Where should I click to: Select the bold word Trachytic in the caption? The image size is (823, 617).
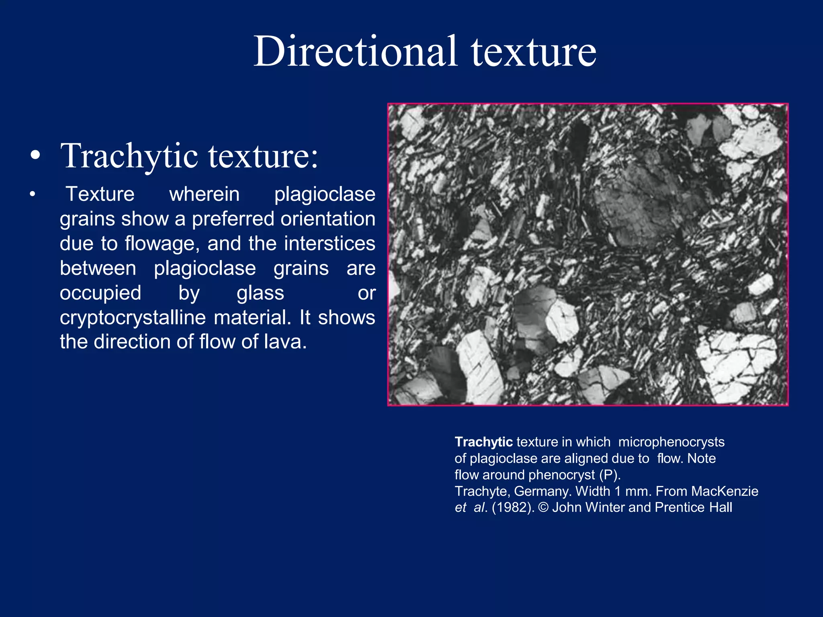point(483,442)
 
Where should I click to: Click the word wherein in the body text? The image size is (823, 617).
point(204,194)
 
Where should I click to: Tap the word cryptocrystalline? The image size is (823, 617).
point(133,318)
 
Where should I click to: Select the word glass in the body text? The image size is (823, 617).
point(260,293)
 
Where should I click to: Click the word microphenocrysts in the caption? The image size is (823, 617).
point(671,442)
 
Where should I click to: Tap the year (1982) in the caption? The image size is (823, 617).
point(513,508)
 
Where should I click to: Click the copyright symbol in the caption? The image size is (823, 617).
point(543,508)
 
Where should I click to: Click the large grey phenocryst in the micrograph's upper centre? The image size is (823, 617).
point(639,201)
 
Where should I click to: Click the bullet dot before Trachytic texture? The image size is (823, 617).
point(35,156)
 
